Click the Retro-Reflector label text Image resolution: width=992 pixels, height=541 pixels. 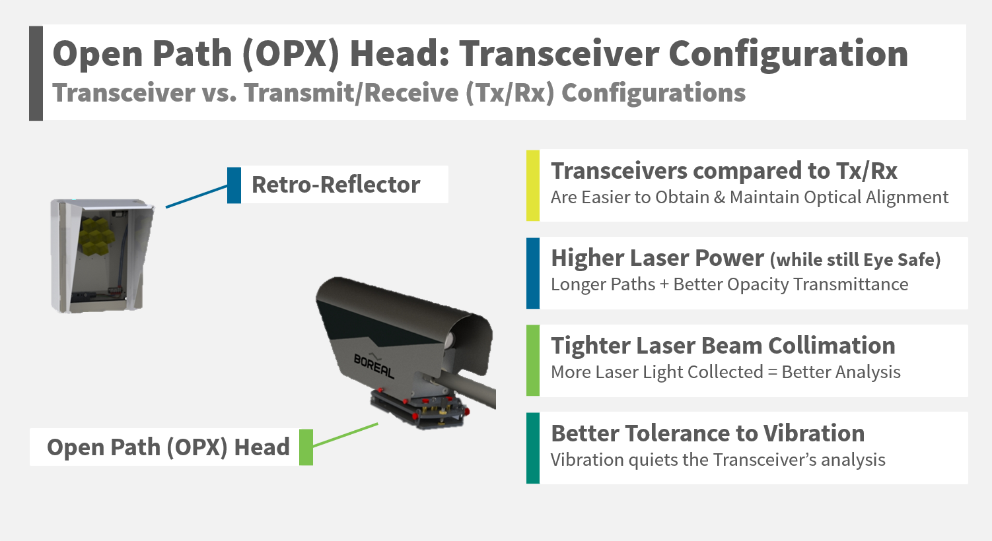click(336, 185)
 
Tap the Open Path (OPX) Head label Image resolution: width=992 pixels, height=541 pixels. click(168, 447)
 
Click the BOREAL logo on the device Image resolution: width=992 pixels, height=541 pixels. click(374, 366)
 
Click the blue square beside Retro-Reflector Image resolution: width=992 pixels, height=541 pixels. click(234, 185)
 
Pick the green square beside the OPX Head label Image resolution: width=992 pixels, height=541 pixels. click(306, 447)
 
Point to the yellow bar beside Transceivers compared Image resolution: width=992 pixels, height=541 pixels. click(533, 185)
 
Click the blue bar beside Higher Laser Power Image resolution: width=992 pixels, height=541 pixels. click(533, 273)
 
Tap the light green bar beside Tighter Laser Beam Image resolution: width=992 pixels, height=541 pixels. click(533, 360)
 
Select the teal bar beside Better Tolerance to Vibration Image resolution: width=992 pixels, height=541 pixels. click(533, 448)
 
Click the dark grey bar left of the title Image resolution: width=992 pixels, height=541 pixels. click(36, 73)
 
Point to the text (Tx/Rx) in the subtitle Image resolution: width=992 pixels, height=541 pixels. click(510, 93)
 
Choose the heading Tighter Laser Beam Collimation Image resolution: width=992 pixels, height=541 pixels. click(723, 346)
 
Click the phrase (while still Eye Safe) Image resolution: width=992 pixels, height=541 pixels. click(855, 260)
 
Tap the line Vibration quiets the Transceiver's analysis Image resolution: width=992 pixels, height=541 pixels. click(718, 460)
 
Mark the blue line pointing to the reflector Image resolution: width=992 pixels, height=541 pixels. click(196, 197)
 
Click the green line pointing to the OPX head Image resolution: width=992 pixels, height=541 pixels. click(345, 435)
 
